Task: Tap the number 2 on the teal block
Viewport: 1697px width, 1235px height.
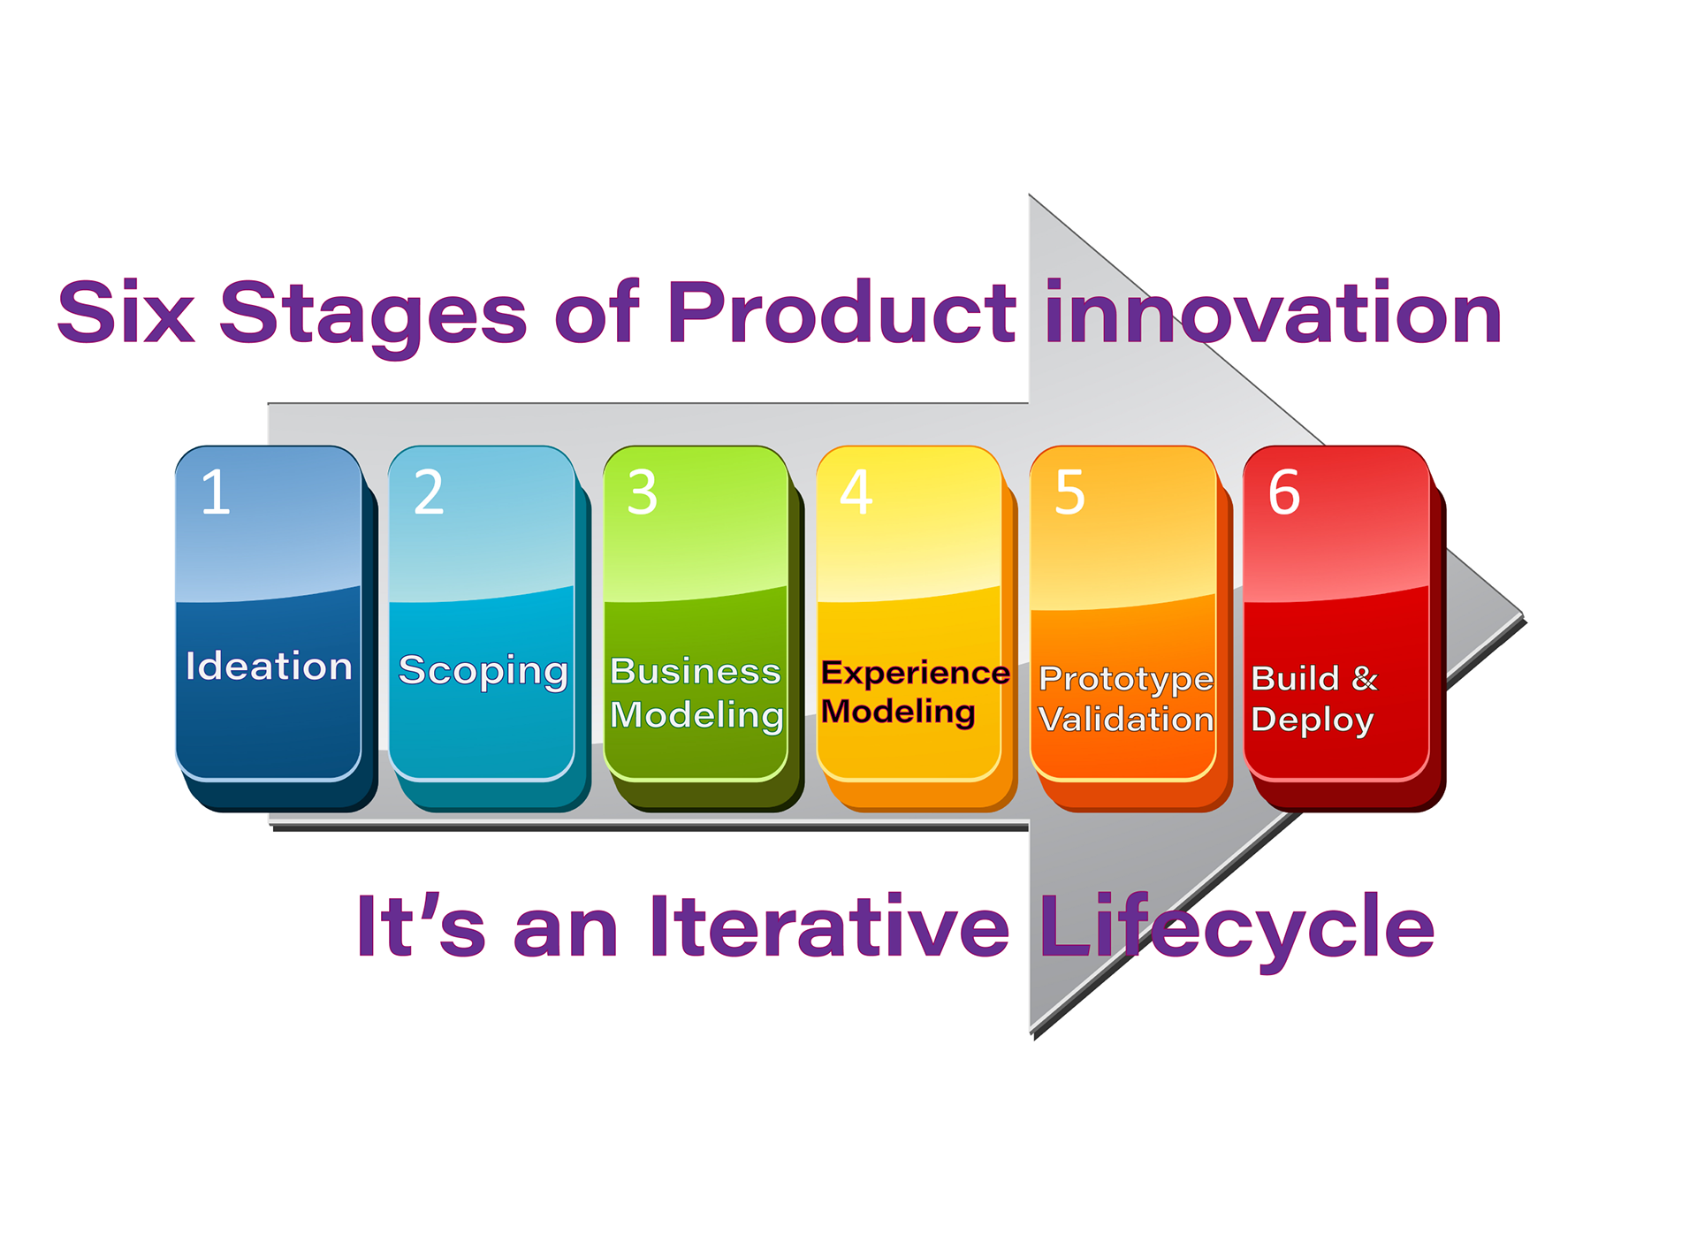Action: click(x=429, y=492)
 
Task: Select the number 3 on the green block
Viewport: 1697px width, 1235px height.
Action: click(x=643, y=492)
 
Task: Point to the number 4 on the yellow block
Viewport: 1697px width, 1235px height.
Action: click(x=856, y=492)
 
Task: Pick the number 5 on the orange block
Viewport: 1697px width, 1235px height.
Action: click(x=1069, y=492)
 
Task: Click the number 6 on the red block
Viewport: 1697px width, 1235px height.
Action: click(x=1284, y=492)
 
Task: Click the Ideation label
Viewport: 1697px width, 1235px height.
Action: click(x=269, y=666)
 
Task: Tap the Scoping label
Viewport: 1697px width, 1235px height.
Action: click(x=483, y=671)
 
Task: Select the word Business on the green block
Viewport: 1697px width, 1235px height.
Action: click(x=696, y=672)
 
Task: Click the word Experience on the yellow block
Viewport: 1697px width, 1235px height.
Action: click(x=916, y=674)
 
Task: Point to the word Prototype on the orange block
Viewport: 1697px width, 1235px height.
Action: click(x=1127, y=680)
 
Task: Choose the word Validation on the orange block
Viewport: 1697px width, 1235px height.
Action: click(x=1126, y=720)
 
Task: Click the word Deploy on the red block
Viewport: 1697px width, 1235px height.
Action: click(x=1313, y=720)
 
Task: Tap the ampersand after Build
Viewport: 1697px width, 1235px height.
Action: click(x=1365, y=678)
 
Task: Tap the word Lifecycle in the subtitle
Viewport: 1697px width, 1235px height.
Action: click(x=1237, y=931)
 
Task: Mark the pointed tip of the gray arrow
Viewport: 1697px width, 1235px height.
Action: click(x=1524, y=615)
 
